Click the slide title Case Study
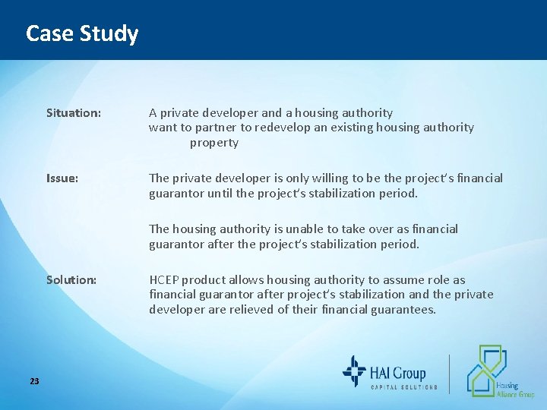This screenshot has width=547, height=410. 82,33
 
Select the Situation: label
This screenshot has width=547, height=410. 73,112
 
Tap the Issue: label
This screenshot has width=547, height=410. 61,178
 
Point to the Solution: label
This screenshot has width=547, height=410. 71,279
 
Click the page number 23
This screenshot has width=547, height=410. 34,380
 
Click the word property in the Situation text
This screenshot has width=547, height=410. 214,143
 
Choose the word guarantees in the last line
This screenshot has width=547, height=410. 400,310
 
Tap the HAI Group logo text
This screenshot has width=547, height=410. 398,372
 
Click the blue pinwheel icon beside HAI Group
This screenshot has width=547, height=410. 354,372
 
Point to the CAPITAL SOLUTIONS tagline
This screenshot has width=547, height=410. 403,387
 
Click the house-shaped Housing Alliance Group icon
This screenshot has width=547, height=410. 486,370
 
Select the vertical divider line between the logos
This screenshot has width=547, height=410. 449,374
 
